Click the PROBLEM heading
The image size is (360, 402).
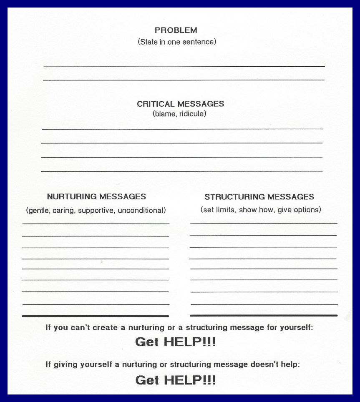tap(176, 30)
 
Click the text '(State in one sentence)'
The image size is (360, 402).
tap(177, 42)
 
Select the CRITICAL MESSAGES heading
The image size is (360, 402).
tap(180, 104)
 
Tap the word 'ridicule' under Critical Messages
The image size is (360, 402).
tap(192, 114)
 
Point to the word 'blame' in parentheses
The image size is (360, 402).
tap(165, 114)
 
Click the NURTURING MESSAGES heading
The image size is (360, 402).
tap(96, 196)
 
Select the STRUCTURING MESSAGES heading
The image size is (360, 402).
tap(259, 197)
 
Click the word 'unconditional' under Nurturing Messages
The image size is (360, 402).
tap(141, 211)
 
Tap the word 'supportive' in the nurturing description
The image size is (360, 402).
tap(97, 211)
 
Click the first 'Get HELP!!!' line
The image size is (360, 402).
tap(176, 342)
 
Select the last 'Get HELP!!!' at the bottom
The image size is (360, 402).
tap(176, 380)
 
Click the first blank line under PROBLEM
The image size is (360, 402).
tap(184, 66)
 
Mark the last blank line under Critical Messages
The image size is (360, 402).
tap(182, 171)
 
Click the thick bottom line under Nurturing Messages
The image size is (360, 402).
tap(96, 316)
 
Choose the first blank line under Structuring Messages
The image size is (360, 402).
tap(264, 224)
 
